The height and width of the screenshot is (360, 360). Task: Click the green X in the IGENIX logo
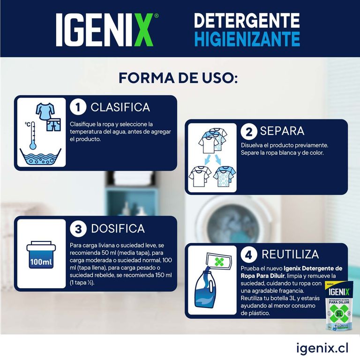141,30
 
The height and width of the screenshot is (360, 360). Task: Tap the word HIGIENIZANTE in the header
247,39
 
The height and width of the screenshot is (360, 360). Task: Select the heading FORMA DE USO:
178,78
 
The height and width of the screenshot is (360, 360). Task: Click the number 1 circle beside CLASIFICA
78,107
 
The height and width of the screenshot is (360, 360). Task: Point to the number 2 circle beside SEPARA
249,132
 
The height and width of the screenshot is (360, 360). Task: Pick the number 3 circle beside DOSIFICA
78,229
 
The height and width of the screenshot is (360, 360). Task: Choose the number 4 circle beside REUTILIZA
248,255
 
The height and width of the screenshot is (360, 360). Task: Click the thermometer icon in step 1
33,135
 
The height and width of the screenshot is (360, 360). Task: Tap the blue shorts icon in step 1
54,125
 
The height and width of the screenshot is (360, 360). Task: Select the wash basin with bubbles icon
40,157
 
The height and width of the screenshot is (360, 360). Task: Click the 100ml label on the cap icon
41,262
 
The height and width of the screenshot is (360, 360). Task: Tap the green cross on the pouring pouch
219,262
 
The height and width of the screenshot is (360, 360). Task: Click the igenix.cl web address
322,348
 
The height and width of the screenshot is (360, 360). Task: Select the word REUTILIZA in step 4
290,255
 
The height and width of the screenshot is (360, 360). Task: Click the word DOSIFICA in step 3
118,229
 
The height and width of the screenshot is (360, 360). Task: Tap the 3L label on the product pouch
339,314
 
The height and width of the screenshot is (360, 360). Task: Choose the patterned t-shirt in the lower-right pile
224,177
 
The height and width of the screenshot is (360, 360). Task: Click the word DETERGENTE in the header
247,21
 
